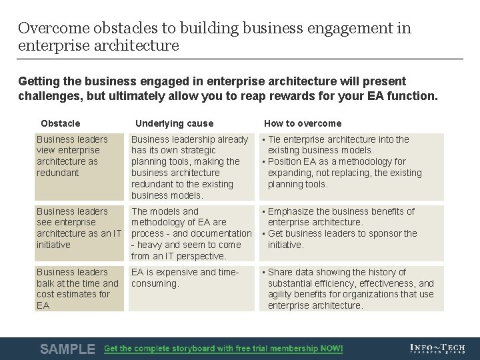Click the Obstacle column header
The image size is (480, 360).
pyautogui.click(x=60, y=123)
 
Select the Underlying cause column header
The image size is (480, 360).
pyautogui.click(x=174, y=123)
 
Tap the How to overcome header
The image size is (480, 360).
pyautogui.click(x=302, y=123)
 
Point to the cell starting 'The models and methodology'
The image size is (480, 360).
pyautogui.click(x=191, y=233)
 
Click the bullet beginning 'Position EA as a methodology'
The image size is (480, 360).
pyautogui.click(x=344, y=173)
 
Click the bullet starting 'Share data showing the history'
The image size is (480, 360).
pyautogui.click(x=350, y=289)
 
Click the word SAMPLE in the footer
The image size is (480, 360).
pyautogui.click(x=67, y=349)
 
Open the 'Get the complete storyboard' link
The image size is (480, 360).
pyautogui.click(x=223, y=349)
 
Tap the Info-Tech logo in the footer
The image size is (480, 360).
pyautogui.click(x=438, y=348)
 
